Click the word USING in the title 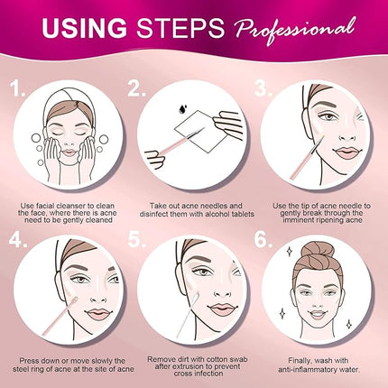pos(84,28)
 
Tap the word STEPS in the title pos(180,28)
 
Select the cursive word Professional pos(294,30)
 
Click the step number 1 pos(17,88)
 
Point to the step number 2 pos(136,88)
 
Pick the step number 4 pos(18,240)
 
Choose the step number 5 pos(137,240)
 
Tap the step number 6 pos(263,240)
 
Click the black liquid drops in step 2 pos(182,108)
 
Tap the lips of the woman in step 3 pos(346,152)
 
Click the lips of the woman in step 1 pos(69,152)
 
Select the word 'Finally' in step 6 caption pos(300,360)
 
